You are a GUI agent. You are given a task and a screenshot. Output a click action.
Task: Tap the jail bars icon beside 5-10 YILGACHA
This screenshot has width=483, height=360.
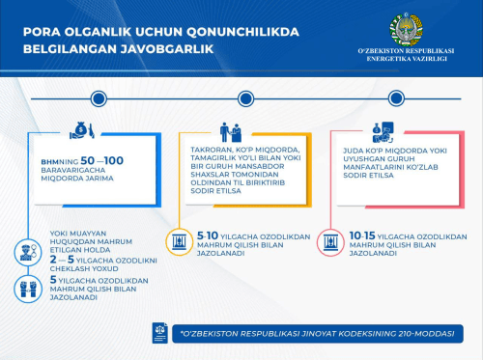179,241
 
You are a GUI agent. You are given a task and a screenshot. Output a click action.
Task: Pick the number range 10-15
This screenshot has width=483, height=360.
360,235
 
